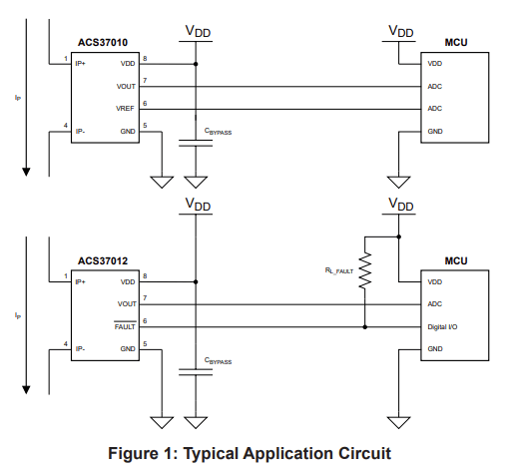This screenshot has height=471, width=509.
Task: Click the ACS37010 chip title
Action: (x=103, y=43)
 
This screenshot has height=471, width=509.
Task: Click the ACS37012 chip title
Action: (x=103, y=260)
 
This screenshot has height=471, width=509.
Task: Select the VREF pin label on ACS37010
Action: (x=125, y=109)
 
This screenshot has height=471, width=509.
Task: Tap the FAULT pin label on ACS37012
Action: (x=125, y=326)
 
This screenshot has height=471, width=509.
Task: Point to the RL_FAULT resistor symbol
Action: (x=365, y=270)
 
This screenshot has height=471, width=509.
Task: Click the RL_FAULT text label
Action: (x=339, y=270)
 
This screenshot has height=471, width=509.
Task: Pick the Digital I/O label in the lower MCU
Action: (x=442, y=327)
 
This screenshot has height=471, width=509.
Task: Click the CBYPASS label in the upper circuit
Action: (x=218, y=132)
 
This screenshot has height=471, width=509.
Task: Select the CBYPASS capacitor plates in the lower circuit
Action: (x=196, y=372)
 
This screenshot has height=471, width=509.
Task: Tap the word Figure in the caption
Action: (x=133, y=454)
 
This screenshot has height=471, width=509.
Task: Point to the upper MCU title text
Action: (x=456, y=43)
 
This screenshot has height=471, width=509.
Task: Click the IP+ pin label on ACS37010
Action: (x=81, y=64)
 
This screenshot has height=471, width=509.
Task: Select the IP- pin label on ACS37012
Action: (x=80, y=349)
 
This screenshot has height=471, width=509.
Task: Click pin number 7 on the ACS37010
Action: (x=145, y=81)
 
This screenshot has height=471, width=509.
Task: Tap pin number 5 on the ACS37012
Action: (x=145, y=344)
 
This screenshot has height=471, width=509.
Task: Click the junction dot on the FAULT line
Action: (x=365, y=327)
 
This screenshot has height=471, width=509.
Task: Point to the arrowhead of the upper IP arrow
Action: (x=26, y=172)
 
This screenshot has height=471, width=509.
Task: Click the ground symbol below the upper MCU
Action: (x=398, y=182)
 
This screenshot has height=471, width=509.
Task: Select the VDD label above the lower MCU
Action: (x=401, y=204)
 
